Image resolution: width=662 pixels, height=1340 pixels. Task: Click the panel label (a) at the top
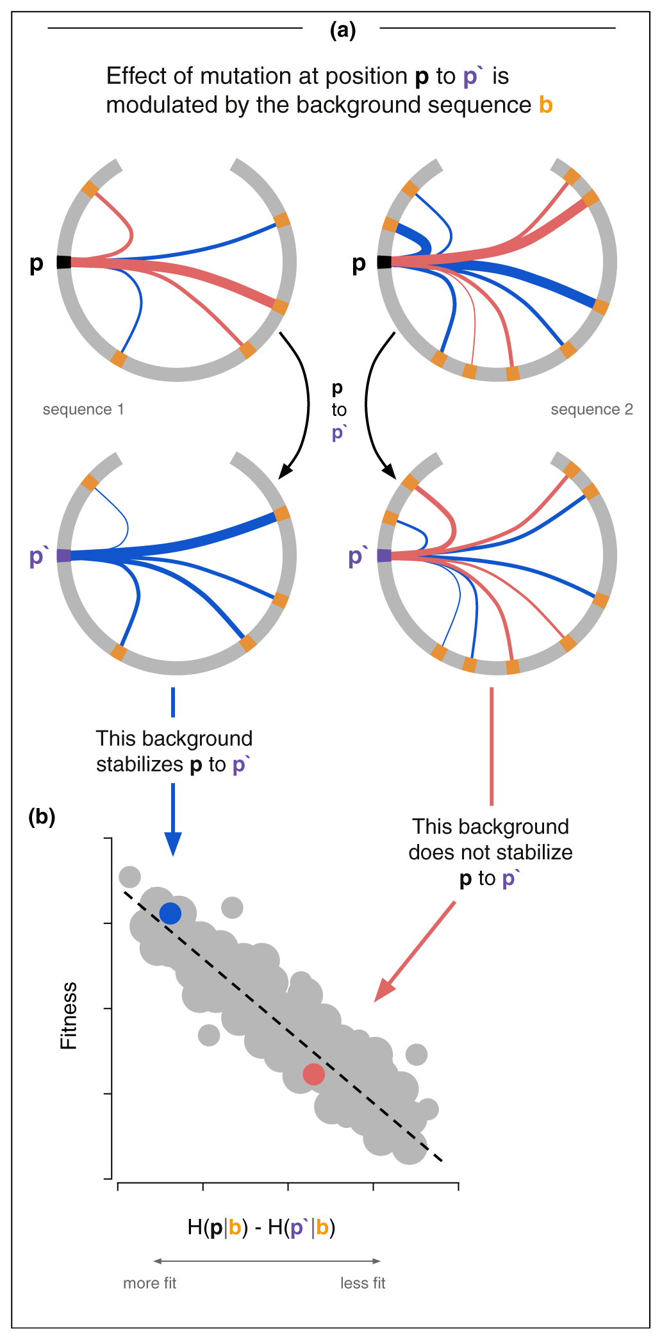342,30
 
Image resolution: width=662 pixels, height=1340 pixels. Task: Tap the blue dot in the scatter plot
170,913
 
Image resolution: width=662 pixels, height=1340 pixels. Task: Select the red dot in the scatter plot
313,1074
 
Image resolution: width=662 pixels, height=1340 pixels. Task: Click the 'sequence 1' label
83,409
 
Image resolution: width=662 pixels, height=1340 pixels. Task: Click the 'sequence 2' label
592,409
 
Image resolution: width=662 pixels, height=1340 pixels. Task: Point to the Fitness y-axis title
69,1015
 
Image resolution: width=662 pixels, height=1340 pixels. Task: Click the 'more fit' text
149,1283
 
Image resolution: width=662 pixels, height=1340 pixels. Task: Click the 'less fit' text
363,1283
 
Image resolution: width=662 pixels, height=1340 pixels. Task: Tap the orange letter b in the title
545,105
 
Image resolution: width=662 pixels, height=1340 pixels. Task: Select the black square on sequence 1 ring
64,262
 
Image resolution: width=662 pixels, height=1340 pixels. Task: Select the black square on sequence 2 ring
384,262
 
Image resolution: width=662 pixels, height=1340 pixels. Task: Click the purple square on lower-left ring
64,556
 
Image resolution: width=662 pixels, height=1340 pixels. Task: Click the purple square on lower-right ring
384,556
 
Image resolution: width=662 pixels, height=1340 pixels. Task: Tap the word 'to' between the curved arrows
339,410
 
